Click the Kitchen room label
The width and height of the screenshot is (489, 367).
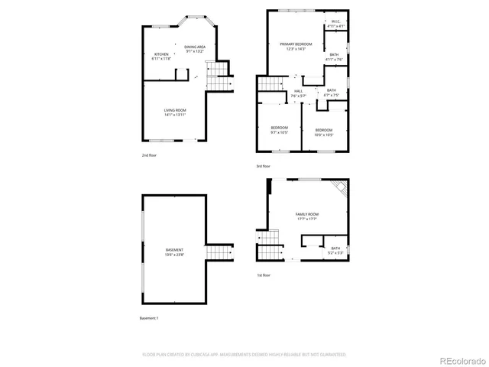(x=161, y=55)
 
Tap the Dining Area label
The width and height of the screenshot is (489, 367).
(x=195, y=49)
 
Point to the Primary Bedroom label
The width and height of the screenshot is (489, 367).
(x=295, y=46)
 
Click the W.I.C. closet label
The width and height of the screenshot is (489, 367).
(x=336, y=24)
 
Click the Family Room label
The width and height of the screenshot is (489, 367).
(x=306, y=216)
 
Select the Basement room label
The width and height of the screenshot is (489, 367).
(x=174, y=252)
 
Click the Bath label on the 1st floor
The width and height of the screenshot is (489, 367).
(x=335, y=249)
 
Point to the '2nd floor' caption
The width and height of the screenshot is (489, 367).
(x=149, y=155)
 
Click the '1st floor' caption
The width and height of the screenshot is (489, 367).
(x=264, y=274)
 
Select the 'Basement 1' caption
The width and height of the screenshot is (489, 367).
(x=150, y=317)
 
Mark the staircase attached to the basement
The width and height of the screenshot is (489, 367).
(x=219, y=252)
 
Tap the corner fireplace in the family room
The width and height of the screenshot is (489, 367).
(x=341, y=188)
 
